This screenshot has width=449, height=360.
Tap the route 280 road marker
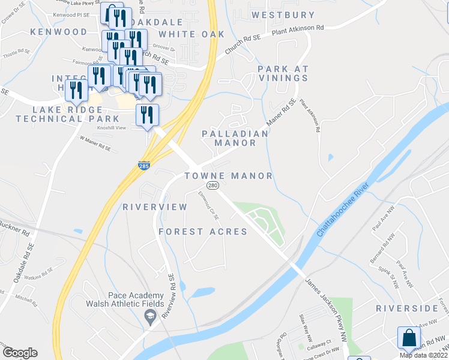[212, 186]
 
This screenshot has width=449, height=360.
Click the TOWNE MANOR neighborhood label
[228, 176]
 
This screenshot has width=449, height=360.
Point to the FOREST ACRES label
[203, 232]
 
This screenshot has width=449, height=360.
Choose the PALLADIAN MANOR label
[235, 138]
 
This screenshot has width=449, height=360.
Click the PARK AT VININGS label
[283, 74]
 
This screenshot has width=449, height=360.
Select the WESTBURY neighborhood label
[283, 15]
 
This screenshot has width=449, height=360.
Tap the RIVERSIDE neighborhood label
[407, 308]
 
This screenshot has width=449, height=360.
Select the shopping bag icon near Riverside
[408, 338]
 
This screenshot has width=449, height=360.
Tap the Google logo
[20, 353]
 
